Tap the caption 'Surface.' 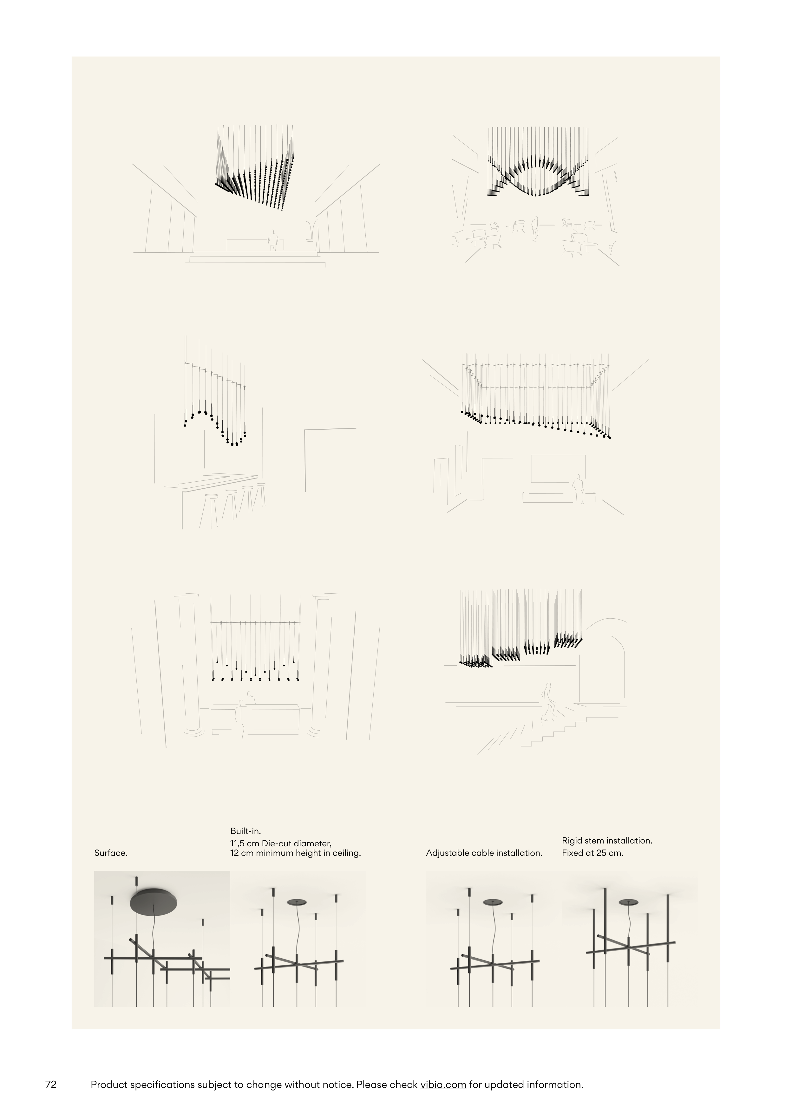point(111,853)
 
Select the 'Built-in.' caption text point(245,831)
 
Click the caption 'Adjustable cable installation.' point(484,853)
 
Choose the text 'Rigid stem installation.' point(607,841)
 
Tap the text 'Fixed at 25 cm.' point(592,853)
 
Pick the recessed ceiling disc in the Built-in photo point(297,902)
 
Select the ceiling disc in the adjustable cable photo point(493,902)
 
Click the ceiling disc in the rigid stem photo point(629,902)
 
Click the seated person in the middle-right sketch point(578,488)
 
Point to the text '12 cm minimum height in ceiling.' point(296,853)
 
